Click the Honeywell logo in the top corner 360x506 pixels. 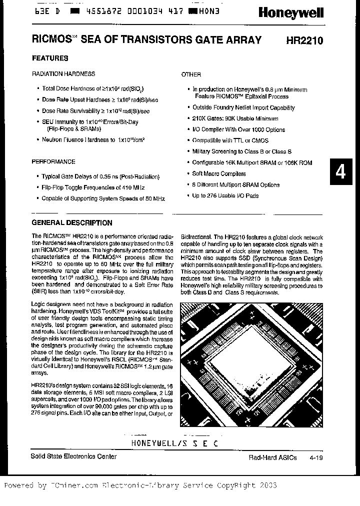(290, 12)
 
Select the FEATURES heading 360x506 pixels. (50, 58)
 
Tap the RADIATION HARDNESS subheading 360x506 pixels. (63, 74)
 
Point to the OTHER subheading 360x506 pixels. (191, 74)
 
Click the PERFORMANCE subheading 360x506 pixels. (53, 162)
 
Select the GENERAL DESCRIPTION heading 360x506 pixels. (72, 223)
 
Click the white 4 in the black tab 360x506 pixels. (340, 172)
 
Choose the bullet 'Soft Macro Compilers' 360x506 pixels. (219, 174)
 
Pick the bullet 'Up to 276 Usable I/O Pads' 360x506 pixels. (225, 196)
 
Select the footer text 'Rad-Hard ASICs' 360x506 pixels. (272, 457)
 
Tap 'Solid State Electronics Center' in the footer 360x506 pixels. (74, 456)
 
